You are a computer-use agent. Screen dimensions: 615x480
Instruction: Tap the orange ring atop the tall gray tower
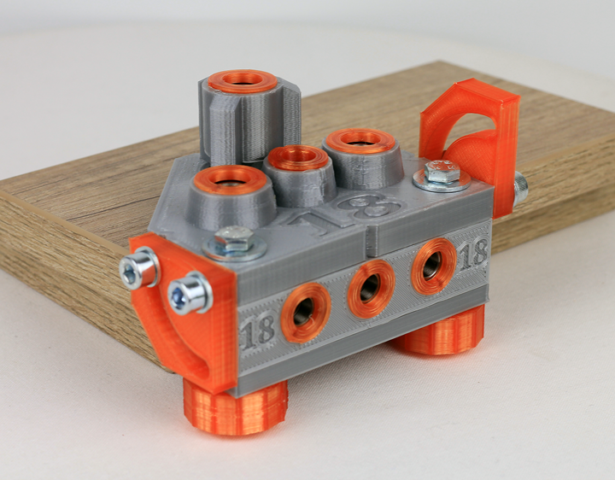pyautogui.click(x=243, y=81)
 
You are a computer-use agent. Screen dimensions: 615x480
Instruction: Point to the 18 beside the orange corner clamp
pyautogui.click(x=257, y=331)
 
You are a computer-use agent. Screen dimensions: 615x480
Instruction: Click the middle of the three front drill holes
pyautogui.click(x=371, y=288)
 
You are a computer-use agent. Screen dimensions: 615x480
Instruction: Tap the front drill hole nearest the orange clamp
pyautogui.click(x=305, y=312)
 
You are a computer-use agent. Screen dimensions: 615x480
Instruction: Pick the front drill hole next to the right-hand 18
pyautogui.click(x=433, y=266)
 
